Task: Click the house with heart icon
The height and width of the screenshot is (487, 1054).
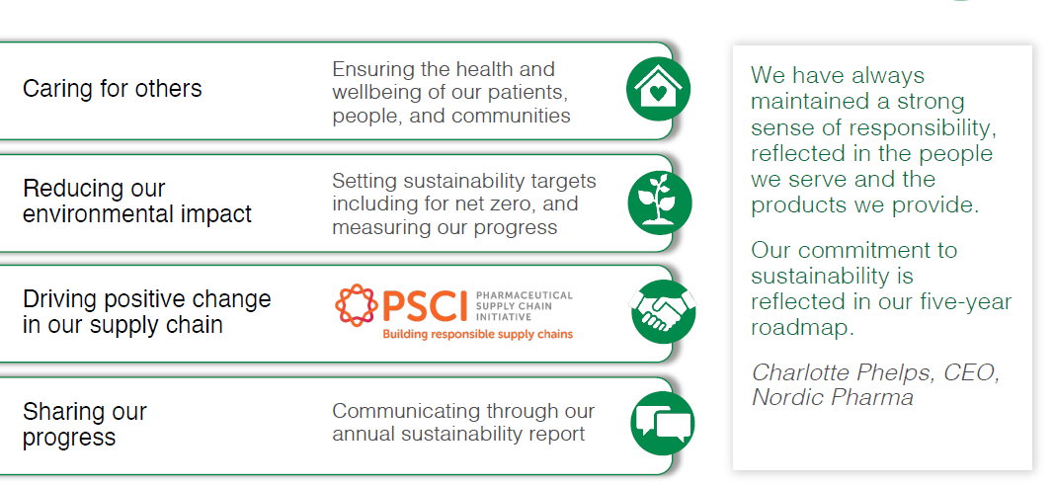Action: coord(658,89)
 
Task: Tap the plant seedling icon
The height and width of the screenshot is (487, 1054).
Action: coord(660,203)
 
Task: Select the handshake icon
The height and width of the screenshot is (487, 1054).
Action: coord(663,312)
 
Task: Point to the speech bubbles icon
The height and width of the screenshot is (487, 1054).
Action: coord(663,424)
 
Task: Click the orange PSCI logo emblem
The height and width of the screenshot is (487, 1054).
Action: coord(357,305)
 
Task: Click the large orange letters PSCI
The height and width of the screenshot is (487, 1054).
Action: coord(425,306)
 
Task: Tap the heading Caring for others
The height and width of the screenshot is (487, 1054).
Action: coord(113,89)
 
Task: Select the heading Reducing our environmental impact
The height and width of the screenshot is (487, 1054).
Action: coord(137,202)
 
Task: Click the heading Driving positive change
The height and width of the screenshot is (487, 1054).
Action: coord(146,298)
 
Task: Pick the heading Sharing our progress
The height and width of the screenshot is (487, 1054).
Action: coord(85,424)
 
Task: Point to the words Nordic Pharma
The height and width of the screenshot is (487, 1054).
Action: coord(832,397)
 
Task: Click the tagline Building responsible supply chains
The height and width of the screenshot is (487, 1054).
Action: coord(477,334)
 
